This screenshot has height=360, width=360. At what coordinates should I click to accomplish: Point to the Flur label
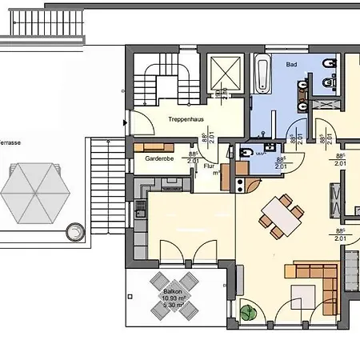coord(210,166)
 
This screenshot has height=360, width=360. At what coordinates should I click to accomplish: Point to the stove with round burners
coord(240,182)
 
